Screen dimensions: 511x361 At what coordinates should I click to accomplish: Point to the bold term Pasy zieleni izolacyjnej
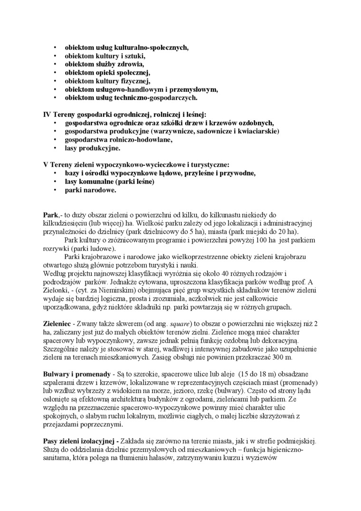83,442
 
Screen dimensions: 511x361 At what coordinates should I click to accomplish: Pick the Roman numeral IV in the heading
47,115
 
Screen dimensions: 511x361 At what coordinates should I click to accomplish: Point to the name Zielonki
57,290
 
